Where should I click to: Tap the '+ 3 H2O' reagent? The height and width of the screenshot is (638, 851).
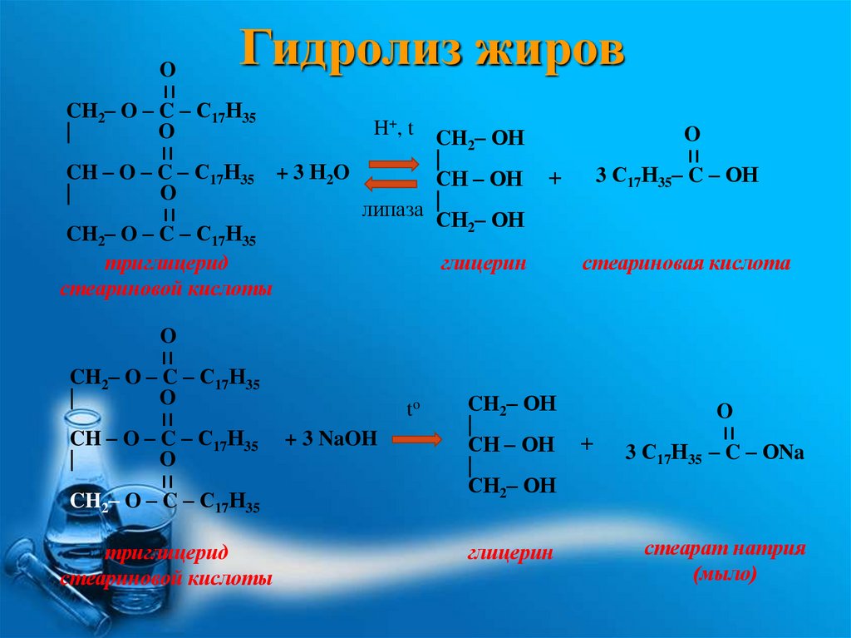pyautogui.click(x=313, y=173)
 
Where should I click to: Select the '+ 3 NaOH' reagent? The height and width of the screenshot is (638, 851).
pyautogui.click(x=331, y=438)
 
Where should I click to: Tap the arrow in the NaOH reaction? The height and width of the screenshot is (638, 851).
pyautogui.click(x=416, y=438)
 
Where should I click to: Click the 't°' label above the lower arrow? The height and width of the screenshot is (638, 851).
pyautogui.click(x=414, y=410)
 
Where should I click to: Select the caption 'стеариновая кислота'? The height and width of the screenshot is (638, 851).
pyautogui.click(x=686, y=265)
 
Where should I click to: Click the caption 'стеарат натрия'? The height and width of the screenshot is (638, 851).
pyautogui.click(x=726, y=550)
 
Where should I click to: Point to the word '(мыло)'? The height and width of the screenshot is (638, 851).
pyautogui.click(x=725, y=575)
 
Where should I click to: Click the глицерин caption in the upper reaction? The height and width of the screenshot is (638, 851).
pyautogui.click(x=485, y=265)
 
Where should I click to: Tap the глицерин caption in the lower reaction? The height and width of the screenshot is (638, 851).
pyautogui.click(x=510, y=553)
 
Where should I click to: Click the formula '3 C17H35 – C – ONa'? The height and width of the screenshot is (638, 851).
pyautogui.click(x=715, y=454)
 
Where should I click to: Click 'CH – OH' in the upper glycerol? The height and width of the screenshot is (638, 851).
pyautogui.click(x=480, y=178)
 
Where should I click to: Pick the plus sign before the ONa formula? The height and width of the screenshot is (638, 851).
pyautogui.click(x=588, y=444)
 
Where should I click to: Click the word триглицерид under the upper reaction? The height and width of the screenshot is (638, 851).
pyautogui.click(x=166, y=265)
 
